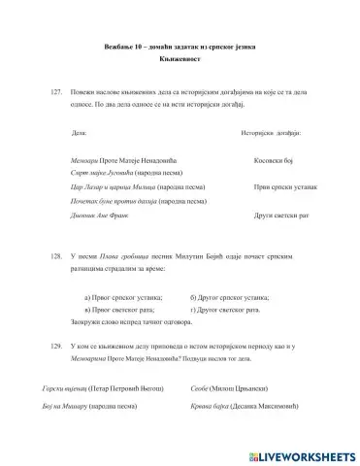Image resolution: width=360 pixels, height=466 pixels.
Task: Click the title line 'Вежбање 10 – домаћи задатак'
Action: point(180,48)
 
